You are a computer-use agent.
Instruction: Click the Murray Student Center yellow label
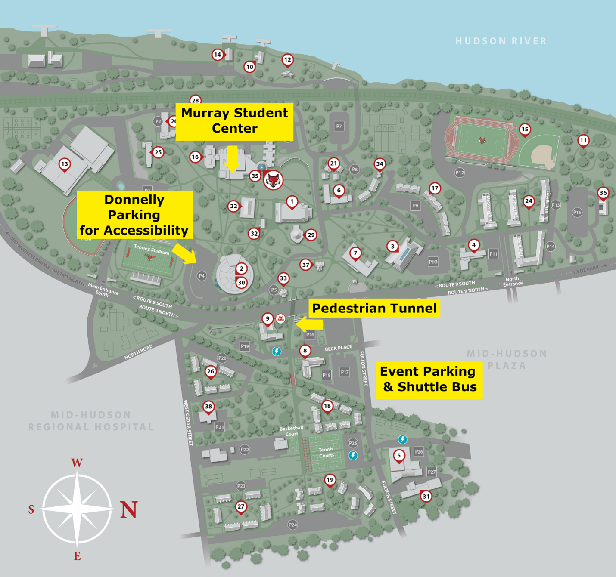pos(234,121)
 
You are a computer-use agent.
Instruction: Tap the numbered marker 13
pos(65,164)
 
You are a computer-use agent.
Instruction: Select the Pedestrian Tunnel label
pos(374,308)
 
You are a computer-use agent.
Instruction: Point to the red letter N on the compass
pos(128,509)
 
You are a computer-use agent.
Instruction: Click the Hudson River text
pos(501,41)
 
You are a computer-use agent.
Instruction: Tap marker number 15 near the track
pos(524,129)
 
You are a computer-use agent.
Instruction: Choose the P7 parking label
pos(339,127)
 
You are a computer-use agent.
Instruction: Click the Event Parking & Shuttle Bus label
pos(429,379)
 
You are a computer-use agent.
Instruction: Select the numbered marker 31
pos(426,496)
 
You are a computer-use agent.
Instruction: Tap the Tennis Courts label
pos(326,452)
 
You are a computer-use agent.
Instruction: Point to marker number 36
pos(603,193)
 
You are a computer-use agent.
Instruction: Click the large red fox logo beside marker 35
pos(273,179)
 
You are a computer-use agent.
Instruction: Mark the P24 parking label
pos(292,525)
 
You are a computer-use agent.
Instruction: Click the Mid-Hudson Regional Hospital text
pos(91,421)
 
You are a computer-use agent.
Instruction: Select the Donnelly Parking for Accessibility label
pos(134,215)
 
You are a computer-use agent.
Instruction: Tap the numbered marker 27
pos(241,506)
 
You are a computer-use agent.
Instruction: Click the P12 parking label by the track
pos(460,173)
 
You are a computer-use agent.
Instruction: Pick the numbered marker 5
pos(399,455)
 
